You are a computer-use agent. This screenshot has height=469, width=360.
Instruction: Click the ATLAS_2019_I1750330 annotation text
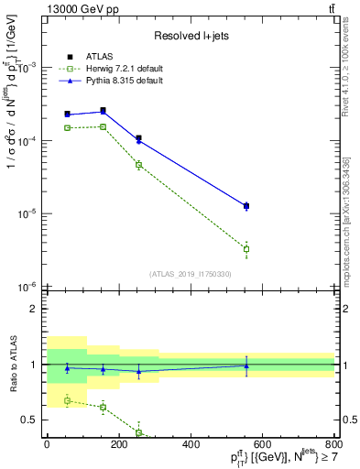(x=190, y=274)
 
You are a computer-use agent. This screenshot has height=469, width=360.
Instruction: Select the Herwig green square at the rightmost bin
(x=245, y=249)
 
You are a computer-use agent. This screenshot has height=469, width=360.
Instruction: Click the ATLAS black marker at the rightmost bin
(x=245, y=206)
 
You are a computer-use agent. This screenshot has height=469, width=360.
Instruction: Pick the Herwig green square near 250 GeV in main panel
(x=138, y=165)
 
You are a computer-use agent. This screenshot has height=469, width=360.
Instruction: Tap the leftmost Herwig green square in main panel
(x=67, y=127)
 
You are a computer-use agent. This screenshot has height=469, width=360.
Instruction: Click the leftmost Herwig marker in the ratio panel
(x=67, y=400)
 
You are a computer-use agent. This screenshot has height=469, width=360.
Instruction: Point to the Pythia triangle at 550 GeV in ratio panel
(x=245, y=365)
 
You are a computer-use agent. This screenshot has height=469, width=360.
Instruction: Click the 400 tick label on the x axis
(x=191, y=444)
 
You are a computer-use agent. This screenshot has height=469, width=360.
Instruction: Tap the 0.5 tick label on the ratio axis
(x=29, y=420)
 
